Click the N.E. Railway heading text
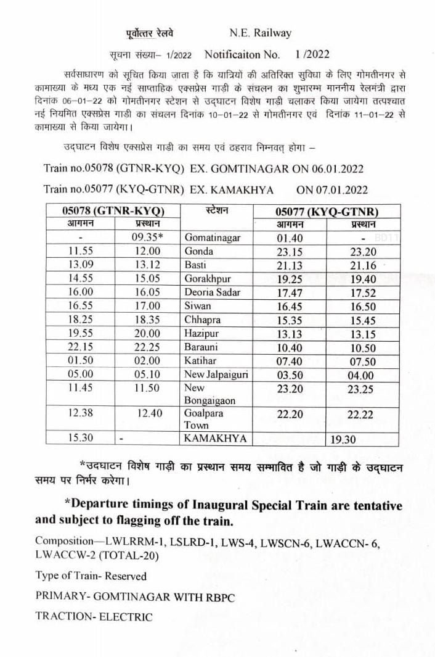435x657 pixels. (259, 33)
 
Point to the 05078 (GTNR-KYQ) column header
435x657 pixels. (113, 211)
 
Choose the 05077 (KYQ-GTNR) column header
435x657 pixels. (327, 211)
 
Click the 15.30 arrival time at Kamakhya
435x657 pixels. (81, 438)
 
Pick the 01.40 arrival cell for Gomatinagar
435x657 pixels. (290, 238)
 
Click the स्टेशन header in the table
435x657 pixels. (216, 211)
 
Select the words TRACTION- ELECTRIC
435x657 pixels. (93, 616)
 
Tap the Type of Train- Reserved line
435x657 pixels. (91, 576)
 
